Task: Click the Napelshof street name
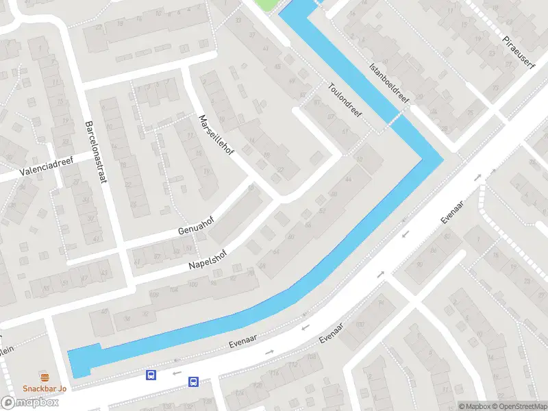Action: tap(207, 258)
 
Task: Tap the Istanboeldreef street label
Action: tap(388, 84)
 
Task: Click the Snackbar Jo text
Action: tap(45, 389)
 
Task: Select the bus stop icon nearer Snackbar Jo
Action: tap(151, 375)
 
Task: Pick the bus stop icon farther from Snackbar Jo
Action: tap(194, 382)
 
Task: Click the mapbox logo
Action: tap(30, 403)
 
